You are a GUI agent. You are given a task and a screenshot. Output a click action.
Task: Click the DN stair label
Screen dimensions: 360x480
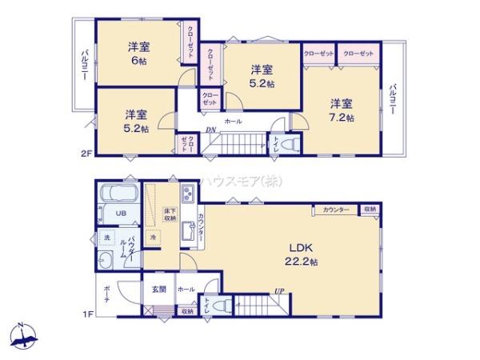[x=210, y=130]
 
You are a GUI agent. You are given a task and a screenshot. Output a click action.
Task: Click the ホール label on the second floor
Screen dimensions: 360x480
[x=233, y=121]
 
